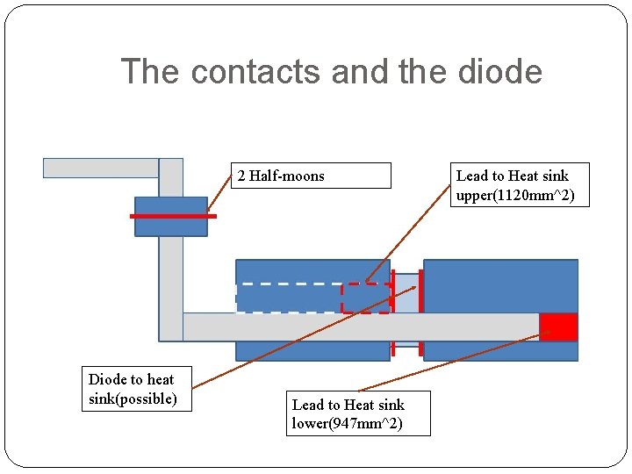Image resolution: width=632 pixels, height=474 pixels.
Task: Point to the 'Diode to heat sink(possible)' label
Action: pos(135,389)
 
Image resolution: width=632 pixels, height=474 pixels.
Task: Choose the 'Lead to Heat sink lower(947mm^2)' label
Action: pos(357,413)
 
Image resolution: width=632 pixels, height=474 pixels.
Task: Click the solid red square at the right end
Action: pos(558,327)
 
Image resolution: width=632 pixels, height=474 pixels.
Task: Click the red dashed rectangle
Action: pos(366,298)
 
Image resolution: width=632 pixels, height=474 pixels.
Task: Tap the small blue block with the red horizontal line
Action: pos(170,226)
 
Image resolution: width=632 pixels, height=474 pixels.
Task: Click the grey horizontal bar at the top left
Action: pos(100,168)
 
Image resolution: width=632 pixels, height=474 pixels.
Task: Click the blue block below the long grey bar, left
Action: pos(312,350)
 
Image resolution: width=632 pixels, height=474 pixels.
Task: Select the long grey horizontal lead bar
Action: pos(360,327)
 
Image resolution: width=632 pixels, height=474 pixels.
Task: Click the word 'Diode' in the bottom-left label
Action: pos(107,379)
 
